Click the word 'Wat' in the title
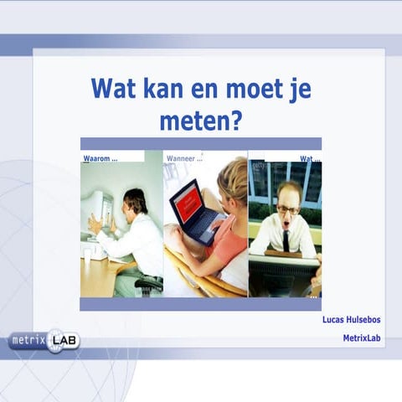click(111, 90)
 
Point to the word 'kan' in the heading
click(162, 90)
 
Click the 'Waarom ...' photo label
click(100, 157)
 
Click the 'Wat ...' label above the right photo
click(310, 157)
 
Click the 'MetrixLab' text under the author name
click(362, 338)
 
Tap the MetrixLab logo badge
click(44, 340)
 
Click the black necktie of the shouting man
click(286, 240)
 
